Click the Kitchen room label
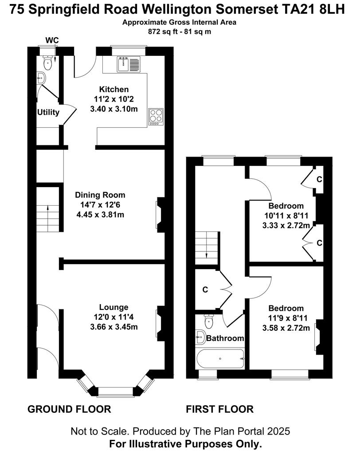(x=114, y=89)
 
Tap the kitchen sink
(x=129, y=64)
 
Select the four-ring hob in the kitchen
(x=156, y=117)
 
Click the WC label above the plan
(x=52, y=40)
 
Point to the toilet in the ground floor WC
(x=47, y=62)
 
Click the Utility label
(x=48, y=112)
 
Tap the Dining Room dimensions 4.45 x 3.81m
(x=100, y=215)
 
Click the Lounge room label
(x=113, y=307)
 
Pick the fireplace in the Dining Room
(x=160, y=215)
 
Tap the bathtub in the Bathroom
(x=220, y=359)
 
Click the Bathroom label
(x=225, y=338)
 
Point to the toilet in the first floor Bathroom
(x=208, y=321)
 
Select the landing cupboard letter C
(x=205, y=290)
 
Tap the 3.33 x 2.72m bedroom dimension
(x=286, y=225)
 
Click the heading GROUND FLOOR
(x=69, y=409)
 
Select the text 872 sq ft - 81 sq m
(x=180, y=32)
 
